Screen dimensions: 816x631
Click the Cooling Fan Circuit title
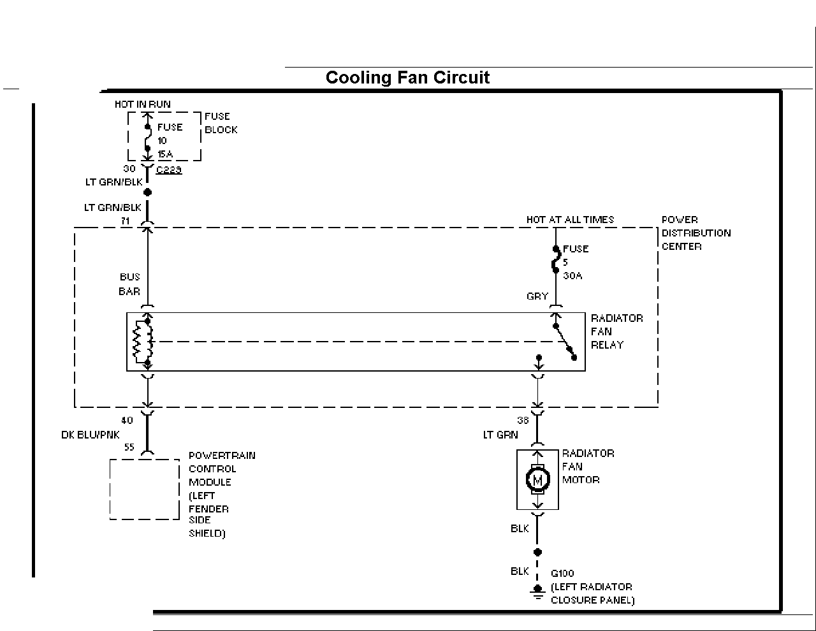(x=407, y=77)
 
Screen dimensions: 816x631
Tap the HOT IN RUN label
(x=143, y=105)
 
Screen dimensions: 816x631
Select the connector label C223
(x=169, y=170)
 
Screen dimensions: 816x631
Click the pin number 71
(x=125, y=221)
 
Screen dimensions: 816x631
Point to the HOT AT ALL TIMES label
(x=570, y=220)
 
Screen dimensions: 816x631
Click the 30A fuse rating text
(x=572, y=276)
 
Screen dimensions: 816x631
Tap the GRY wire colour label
(x=537, y=296)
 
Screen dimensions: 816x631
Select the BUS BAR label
(x=129, y=284)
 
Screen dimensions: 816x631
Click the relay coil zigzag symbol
(x=138, y=342)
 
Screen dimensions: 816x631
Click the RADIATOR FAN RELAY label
(x=616, y=331)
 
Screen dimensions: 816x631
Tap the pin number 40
(x=127, y=421)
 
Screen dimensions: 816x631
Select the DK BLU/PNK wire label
(x=90, y=435)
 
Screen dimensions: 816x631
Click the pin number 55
(x=129, y=447)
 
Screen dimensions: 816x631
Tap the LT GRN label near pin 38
(x=500, y=435)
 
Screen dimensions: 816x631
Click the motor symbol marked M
(x=538, y=479)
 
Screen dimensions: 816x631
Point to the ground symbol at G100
(x=538, y=591)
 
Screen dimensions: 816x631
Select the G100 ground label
(x=562, y=573)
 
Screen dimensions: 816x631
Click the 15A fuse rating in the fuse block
(x=165, y=154)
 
